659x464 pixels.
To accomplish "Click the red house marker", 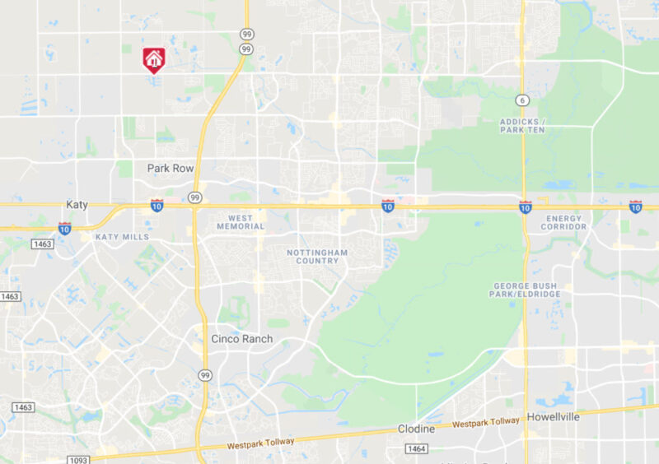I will pos(154,59).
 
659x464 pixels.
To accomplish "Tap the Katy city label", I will pos(77,204).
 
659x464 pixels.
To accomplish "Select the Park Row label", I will pos(171,168).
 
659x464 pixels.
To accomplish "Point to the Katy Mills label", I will pos(122,236).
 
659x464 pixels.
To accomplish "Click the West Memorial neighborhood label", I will pos(241,221).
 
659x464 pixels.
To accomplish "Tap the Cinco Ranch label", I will pos(241,338).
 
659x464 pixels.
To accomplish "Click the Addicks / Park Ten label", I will pos(522,126).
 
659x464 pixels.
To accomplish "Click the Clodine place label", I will pos(416,429).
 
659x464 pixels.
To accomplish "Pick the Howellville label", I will pos(554,416).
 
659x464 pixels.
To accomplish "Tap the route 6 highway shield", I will pos(521,100).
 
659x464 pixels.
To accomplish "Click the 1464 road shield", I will pos(416,448).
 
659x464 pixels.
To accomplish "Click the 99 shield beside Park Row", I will pos(194,197).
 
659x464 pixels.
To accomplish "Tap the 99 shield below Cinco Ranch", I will pos(203,375).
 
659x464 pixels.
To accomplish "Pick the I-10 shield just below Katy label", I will pos(64,228).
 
